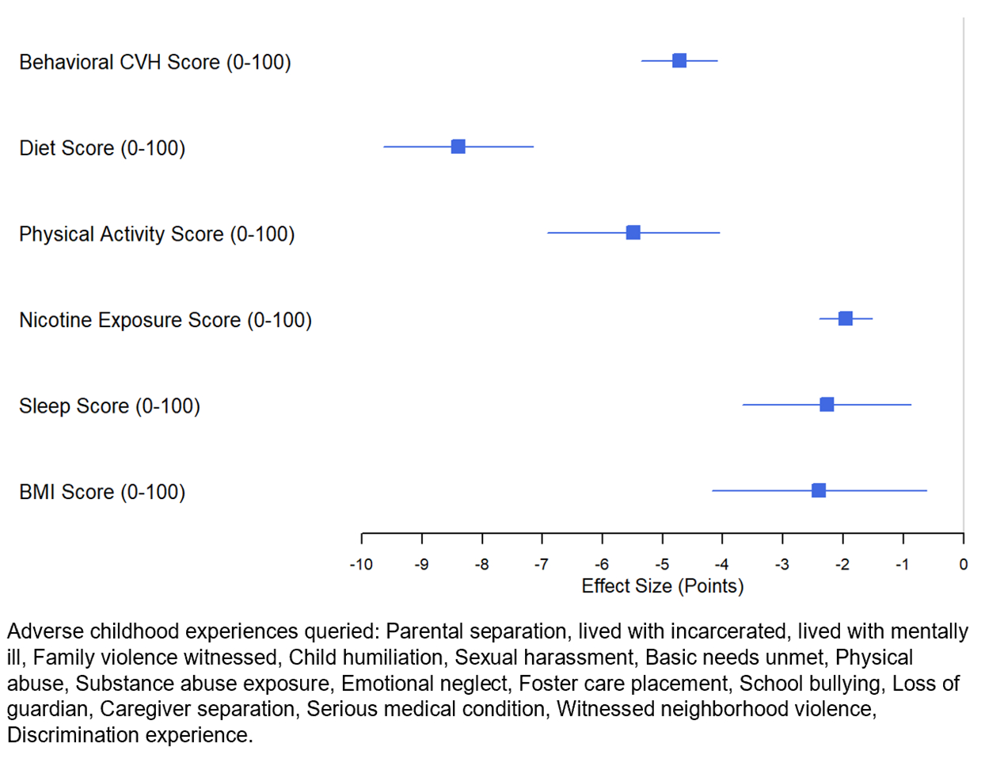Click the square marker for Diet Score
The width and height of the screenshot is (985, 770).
tap(458, 147)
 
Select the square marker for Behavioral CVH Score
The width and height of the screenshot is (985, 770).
tap(679, 61)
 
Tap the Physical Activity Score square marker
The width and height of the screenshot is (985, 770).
tap(633, 232)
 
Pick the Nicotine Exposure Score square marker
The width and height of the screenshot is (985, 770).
tap(845, 318)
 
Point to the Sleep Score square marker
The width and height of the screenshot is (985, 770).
tap(827, 405)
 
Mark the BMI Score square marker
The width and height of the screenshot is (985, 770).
tap(819, 490)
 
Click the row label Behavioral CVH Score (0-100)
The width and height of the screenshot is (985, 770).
tap(155, 63)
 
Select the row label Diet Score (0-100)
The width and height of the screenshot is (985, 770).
tap(102, 148)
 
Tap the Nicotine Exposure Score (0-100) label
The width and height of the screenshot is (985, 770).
tap(165, 320)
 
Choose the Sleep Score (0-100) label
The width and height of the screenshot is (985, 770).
tap(109, 406)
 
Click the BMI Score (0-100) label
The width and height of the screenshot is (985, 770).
tap(102, 492)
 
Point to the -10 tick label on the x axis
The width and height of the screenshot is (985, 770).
tap(361, 565)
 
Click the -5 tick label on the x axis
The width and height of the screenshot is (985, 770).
tap(662, 565)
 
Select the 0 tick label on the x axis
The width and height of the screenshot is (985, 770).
tap(963, 565)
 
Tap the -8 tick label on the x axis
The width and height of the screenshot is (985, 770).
tap(481, 565)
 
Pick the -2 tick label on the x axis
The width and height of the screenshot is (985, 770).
tap(842, 565)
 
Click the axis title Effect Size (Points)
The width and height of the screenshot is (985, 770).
tap(663, 586)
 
